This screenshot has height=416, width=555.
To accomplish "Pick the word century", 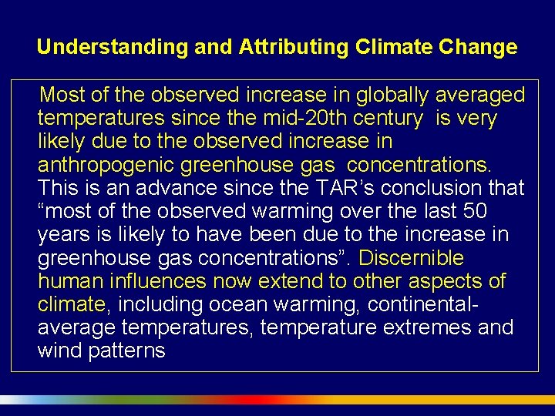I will click(388, 119).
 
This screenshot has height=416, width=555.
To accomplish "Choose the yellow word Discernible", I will click(412, 257).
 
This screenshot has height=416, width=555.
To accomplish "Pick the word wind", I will click(58, 350).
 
